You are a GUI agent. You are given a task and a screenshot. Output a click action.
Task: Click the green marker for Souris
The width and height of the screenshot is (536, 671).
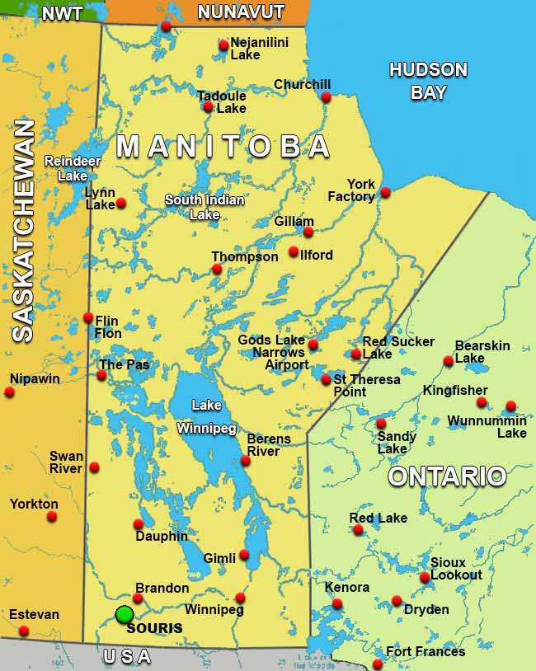[x=125, y=614]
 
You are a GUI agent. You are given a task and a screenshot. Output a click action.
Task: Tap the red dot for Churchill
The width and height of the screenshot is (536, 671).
[x=326, y=97]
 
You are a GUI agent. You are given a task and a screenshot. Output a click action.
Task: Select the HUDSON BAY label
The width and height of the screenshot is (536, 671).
[x=428, y=81]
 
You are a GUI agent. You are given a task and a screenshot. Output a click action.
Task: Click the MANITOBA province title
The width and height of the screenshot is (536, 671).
[x=223, y=147]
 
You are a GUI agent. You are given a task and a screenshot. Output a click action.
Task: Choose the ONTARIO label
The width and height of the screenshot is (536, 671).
[x=447, y=476]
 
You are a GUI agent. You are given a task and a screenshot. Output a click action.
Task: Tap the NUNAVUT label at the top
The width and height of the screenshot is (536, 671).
[x=241, y=12]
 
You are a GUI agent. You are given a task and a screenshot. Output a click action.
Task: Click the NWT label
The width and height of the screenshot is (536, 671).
[x=62, y=14]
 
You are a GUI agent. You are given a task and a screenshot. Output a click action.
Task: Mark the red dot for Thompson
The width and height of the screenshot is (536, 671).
[x=217, y=269]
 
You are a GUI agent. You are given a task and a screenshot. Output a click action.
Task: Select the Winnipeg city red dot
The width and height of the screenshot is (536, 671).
[x=240, y=598]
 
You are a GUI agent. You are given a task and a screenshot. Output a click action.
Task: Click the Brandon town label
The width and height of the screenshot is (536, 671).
[x=162, y=589]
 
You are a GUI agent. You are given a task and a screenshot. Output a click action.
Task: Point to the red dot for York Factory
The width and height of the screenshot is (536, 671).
[x=385, y=193]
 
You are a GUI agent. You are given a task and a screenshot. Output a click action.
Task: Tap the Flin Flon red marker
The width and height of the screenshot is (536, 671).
[x=88, y=317]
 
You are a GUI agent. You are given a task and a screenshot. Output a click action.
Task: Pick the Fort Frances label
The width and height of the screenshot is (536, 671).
[x=426, y=652]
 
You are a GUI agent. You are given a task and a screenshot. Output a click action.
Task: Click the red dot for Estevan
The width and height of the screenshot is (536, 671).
[x=24, y=631]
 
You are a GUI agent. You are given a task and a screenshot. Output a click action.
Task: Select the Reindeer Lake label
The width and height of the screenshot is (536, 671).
[x=65, y=168]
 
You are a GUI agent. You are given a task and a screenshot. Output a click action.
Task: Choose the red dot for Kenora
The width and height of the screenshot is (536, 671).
[x=337, y=604]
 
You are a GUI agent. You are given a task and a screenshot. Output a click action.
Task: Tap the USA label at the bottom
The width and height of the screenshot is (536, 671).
[x=127, y=657]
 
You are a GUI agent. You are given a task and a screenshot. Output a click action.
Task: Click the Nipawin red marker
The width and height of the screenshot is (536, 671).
[x=10, y=392]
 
